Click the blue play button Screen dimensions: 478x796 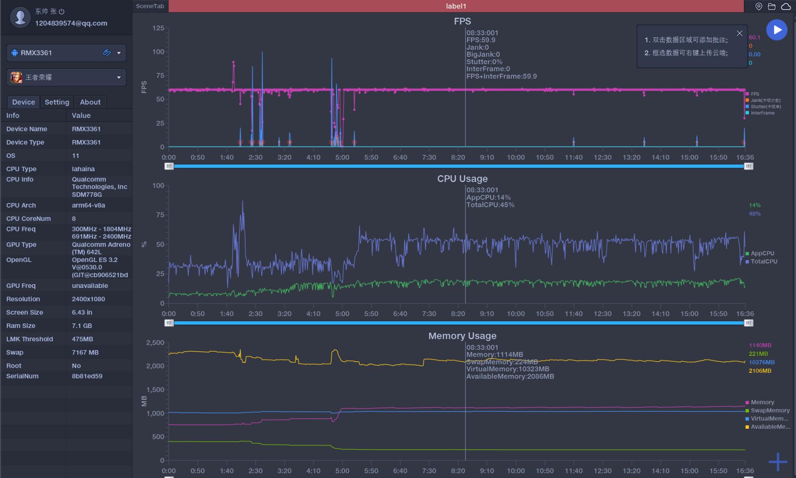[777, 30]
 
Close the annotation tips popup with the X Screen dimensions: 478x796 [740, 33]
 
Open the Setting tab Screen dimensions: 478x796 [57, 102]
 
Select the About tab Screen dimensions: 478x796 [90, 102]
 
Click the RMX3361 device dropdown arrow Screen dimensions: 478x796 [119, 53]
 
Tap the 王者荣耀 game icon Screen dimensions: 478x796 [17, 77]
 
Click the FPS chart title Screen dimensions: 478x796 [462, 21]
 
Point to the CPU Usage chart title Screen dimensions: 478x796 [462, 179]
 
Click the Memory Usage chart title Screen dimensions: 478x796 [462, 336]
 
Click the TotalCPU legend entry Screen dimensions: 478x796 [764, 261]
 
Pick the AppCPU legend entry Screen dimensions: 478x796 [762, 253]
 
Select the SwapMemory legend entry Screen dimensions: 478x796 [770, 410]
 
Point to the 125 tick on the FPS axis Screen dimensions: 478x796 [158, 28]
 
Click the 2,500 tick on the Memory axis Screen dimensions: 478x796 [155, 343]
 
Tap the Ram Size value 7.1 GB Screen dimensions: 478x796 [82, 326]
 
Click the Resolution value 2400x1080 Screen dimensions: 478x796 [88, 299]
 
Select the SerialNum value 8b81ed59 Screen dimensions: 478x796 [87, 376]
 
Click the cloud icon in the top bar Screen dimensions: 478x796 [786, 6]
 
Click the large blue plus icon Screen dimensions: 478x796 [778, 461]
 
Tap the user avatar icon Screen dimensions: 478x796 [20, 17]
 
